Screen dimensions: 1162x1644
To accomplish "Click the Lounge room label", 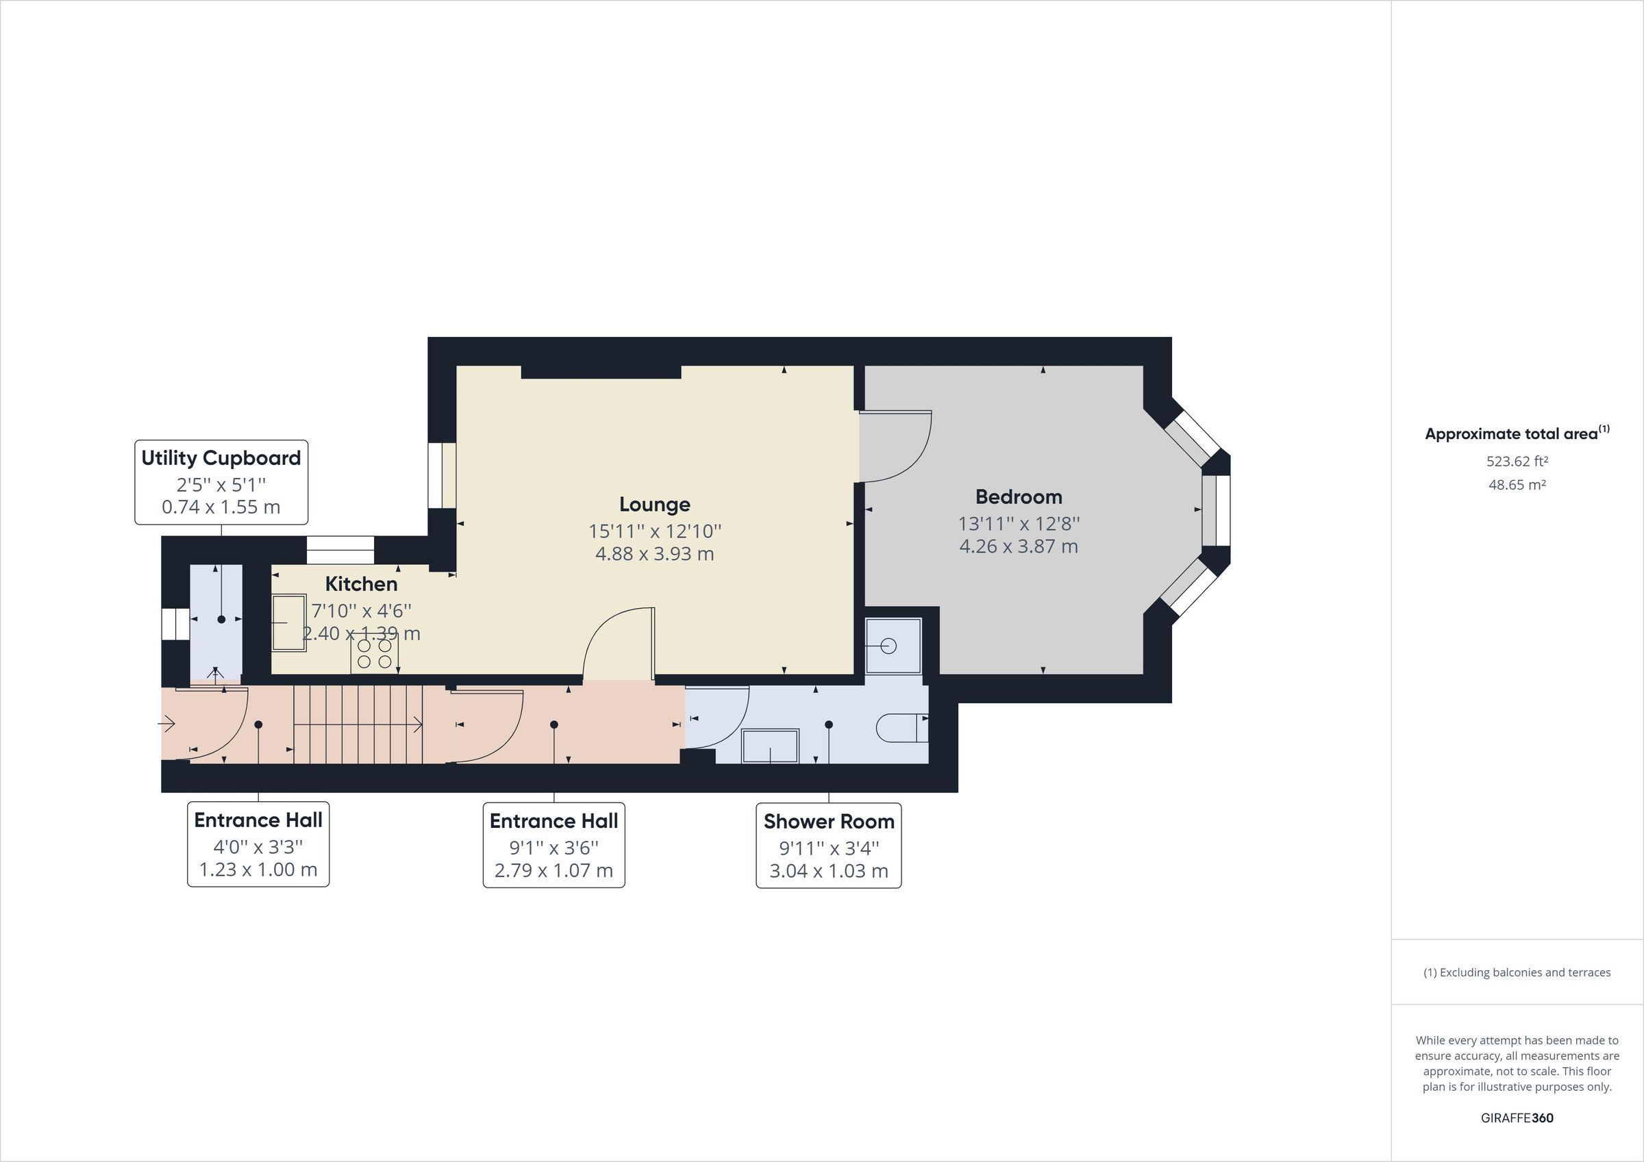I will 654,505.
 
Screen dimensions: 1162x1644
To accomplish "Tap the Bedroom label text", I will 1018,497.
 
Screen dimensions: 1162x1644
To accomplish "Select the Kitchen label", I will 361,584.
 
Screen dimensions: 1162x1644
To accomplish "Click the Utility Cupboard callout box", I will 221,482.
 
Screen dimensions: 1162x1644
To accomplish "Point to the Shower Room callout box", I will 828,846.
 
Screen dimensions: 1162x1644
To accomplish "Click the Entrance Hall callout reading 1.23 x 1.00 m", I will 258,845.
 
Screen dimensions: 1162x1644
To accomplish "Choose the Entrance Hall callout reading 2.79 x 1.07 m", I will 553,846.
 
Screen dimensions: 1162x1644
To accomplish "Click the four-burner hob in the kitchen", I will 374,654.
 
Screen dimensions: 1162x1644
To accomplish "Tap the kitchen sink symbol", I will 288,623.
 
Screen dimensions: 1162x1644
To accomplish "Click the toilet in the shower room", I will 901,727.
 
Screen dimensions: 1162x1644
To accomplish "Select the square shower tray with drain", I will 892,646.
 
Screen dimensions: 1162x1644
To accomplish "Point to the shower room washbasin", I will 770,746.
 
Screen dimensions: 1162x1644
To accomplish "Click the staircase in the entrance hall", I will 358,724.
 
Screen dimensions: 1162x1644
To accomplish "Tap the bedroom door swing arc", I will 895,446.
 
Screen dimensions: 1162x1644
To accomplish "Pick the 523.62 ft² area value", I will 1517,462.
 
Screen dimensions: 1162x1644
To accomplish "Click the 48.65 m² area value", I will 1517,485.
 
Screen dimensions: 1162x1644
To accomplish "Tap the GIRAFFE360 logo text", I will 1517,1117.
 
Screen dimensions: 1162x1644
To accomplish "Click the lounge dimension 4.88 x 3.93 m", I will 654,554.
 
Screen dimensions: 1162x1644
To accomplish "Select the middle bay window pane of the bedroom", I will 1216,511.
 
